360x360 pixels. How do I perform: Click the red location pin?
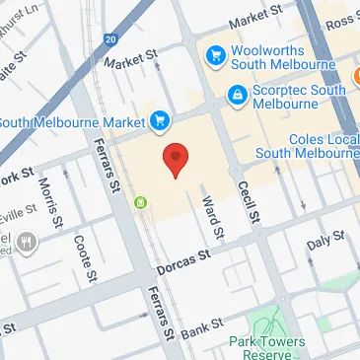176,159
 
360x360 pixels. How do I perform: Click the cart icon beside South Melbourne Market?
159,120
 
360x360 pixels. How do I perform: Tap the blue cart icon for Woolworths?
214,54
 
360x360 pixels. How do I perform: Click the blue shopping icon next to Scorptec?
237,96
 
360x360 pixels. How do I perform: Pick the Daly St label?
325,240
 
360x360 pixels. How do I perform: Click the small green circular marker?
141,203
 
